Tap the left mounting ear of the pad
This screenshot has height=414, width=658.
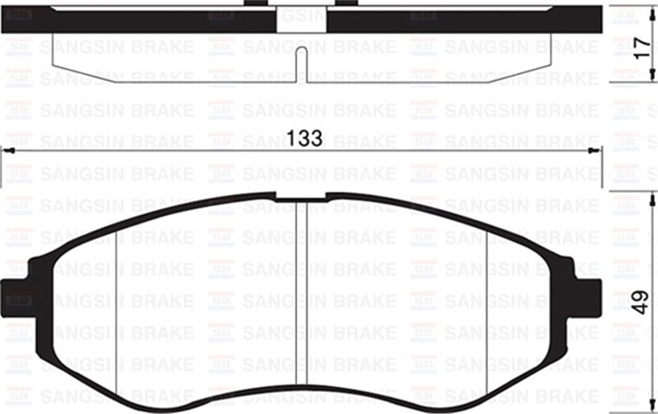click(16, 299)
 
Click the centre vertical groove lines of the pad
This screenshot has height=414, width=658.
click(301, 291)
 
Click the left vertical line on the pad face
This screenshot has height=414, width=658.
click(116, 313)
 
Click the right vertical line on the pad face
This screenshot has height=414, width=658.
click(487, 313)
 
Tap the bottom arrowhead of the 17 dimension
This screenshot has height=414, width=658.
click(652, 77)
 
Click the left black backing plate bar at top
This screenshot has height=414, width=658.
click(137, 20)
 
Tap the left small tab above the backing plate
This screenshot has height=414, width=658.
click(255, 3)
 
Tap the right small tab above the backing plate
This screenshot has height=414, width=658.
click(346, 3)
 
